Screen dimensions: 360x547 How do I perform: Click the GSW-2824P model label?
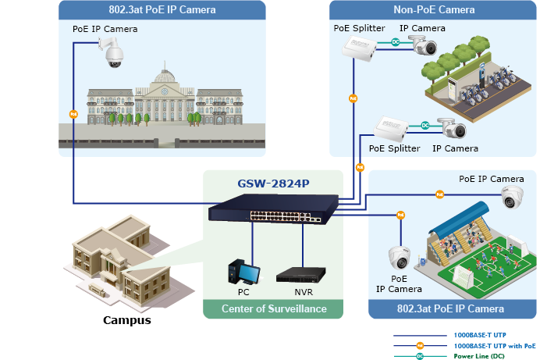[273, 184]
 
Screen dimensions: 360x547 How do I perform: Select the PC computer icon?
[243, 272]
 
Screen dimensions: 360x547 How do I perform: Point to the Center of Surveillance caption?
[274, 309]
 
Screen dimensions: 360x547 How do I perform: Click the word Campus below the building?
[127, 320]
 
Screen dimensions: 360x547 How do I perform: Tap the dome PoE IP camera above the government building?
[111, 53]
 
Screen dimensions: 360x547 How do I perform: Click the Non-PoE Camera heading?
[434, 10]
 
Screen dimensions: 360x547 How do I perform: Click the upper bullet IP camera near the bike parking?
[426, 46]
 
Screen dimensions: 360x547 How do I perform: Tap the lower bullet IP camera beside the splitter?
[452, 128]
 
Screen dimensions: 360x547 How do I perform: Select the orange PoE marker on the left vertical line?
[74, 114]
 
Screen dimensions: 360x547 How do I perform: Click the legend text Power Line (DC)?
[481, 355]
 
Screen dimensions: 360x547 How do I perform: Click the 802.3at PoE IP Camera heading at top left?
[162, 10]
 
